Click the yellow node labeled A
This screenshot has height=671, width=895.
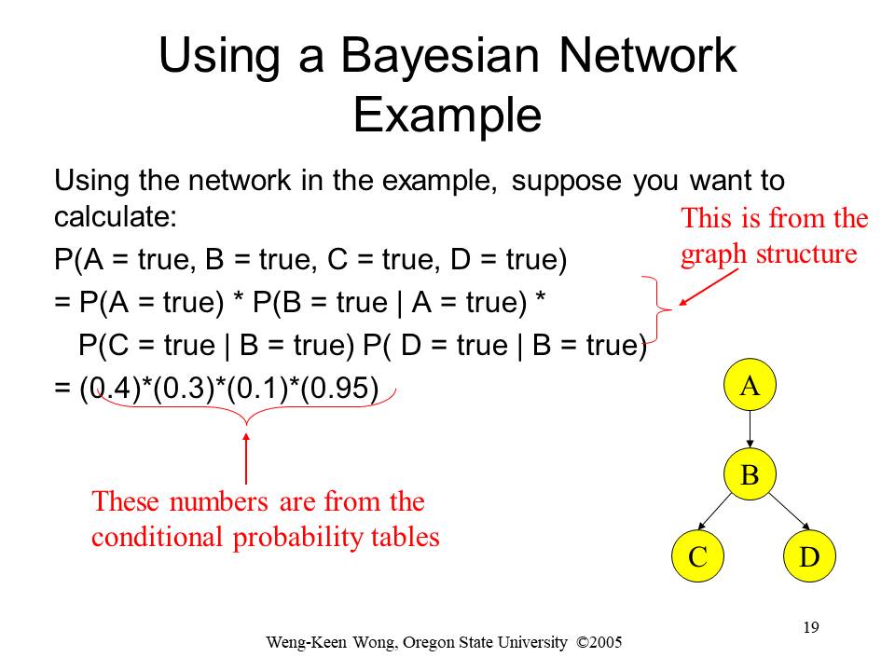(x=750, y=385)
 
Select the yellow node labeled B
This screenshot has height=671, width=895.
(x=750, y=474)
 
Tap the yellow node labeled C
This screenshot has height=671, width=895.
(x=698, y=555)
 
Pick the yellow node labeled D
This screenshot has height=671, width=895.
(x=809, y=555)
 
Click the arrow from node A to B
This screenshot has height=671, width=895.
(x=750, y=430)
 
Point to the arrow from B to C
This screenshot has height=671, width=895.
(x=715, y=512)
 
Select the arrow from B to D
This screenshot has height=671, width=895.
(x=790, y=512)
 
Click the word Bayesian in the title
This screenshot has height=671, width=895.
(x=440, y=57)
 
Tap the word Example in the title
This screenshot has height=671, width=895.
(x=447, y=115)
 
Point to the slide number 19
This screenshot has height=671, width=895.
(x=811, y=627)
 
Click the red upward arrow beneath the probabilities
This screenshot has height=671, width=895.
(x=246, y=459)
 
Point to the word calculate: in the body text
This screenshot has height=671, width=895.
(x=116, y=217)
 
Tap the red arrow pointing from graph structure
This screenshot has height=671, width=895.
(x=709, y=287)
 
